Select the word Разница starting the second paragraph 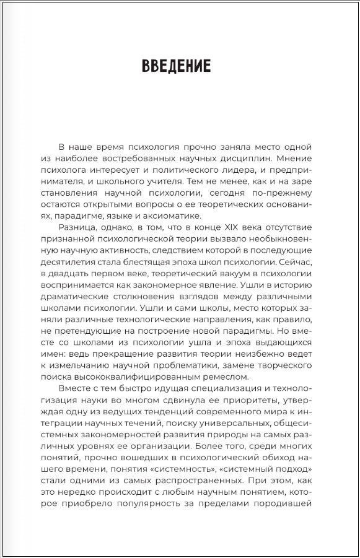coord(76,229)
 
